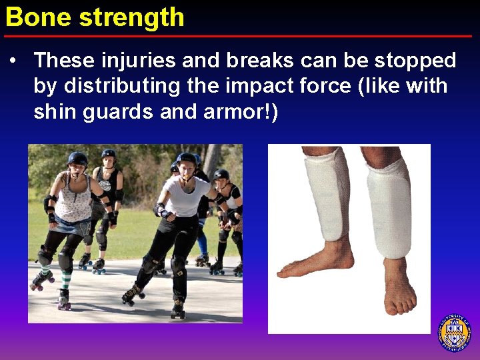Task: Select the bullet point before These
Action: click(13, 61)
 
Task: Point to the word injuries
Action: click(122, 61)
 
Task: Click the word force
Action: click(323, 87)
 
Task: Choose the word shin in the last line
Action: click(55, 112)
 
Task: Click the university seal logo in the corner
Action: click(454, 332)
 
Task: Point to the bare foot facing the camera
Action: click(399, 287)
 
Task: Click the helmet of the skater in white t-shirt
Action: click(186, 160)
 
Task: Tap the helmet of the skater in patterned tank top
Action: click(77, 159)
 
